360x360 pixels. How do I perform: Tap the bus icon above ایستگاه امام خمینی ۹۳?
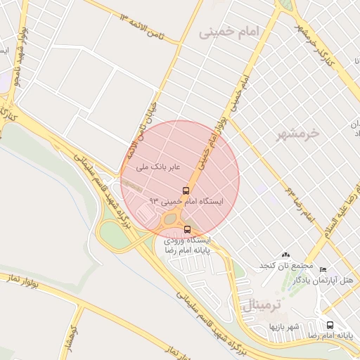click(186, 191)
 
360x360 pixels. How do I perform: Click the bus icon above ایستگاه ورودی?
click(187, 229)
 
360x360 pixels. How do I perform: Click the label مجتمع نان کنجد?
click(286, 265)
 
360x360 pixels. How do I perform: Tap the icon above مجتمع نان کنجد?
click(285, 255)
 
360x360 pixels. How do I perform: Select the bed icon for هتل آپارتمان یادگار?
click(323, 270)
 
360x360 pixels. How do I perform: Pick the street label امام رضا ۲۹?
click(298, 202)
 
